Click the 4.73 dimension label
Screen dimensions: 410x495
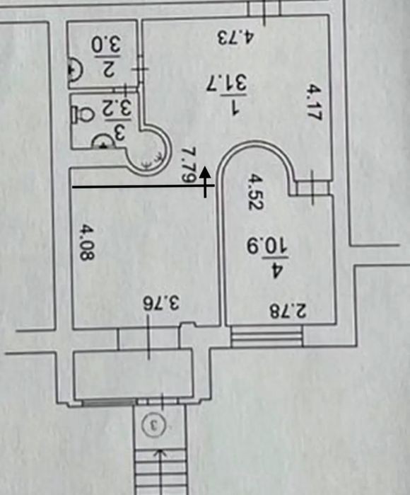pyautogui.click(x=235, y=38)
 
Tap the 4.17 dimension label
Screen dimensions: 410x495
pyautogui.click(x=314, y=102)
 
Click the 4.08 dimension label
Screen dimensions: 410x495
pyautogui.click(x=86, y=241)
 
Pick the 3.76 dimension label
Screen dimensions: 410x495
pyautogui.click(x=161, y=304)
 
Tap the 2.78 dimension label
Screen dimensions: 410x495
pyautogui.click(x=288, y=311)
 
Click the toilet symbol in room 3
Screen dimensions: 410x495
pyautogui.click(x=83, y=115)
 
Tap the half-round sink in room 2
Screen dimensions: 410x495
pyautogui.click(x=75, y=70)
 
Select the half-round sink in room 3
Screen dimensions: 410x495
pyautogui.click(x=103, y=142)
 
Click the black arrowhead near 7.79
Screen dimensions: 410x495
pyautogui.click(x=206, y=172)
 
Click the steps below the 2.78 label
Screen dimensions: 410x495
pyautogui.click(x=267, y=337)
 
